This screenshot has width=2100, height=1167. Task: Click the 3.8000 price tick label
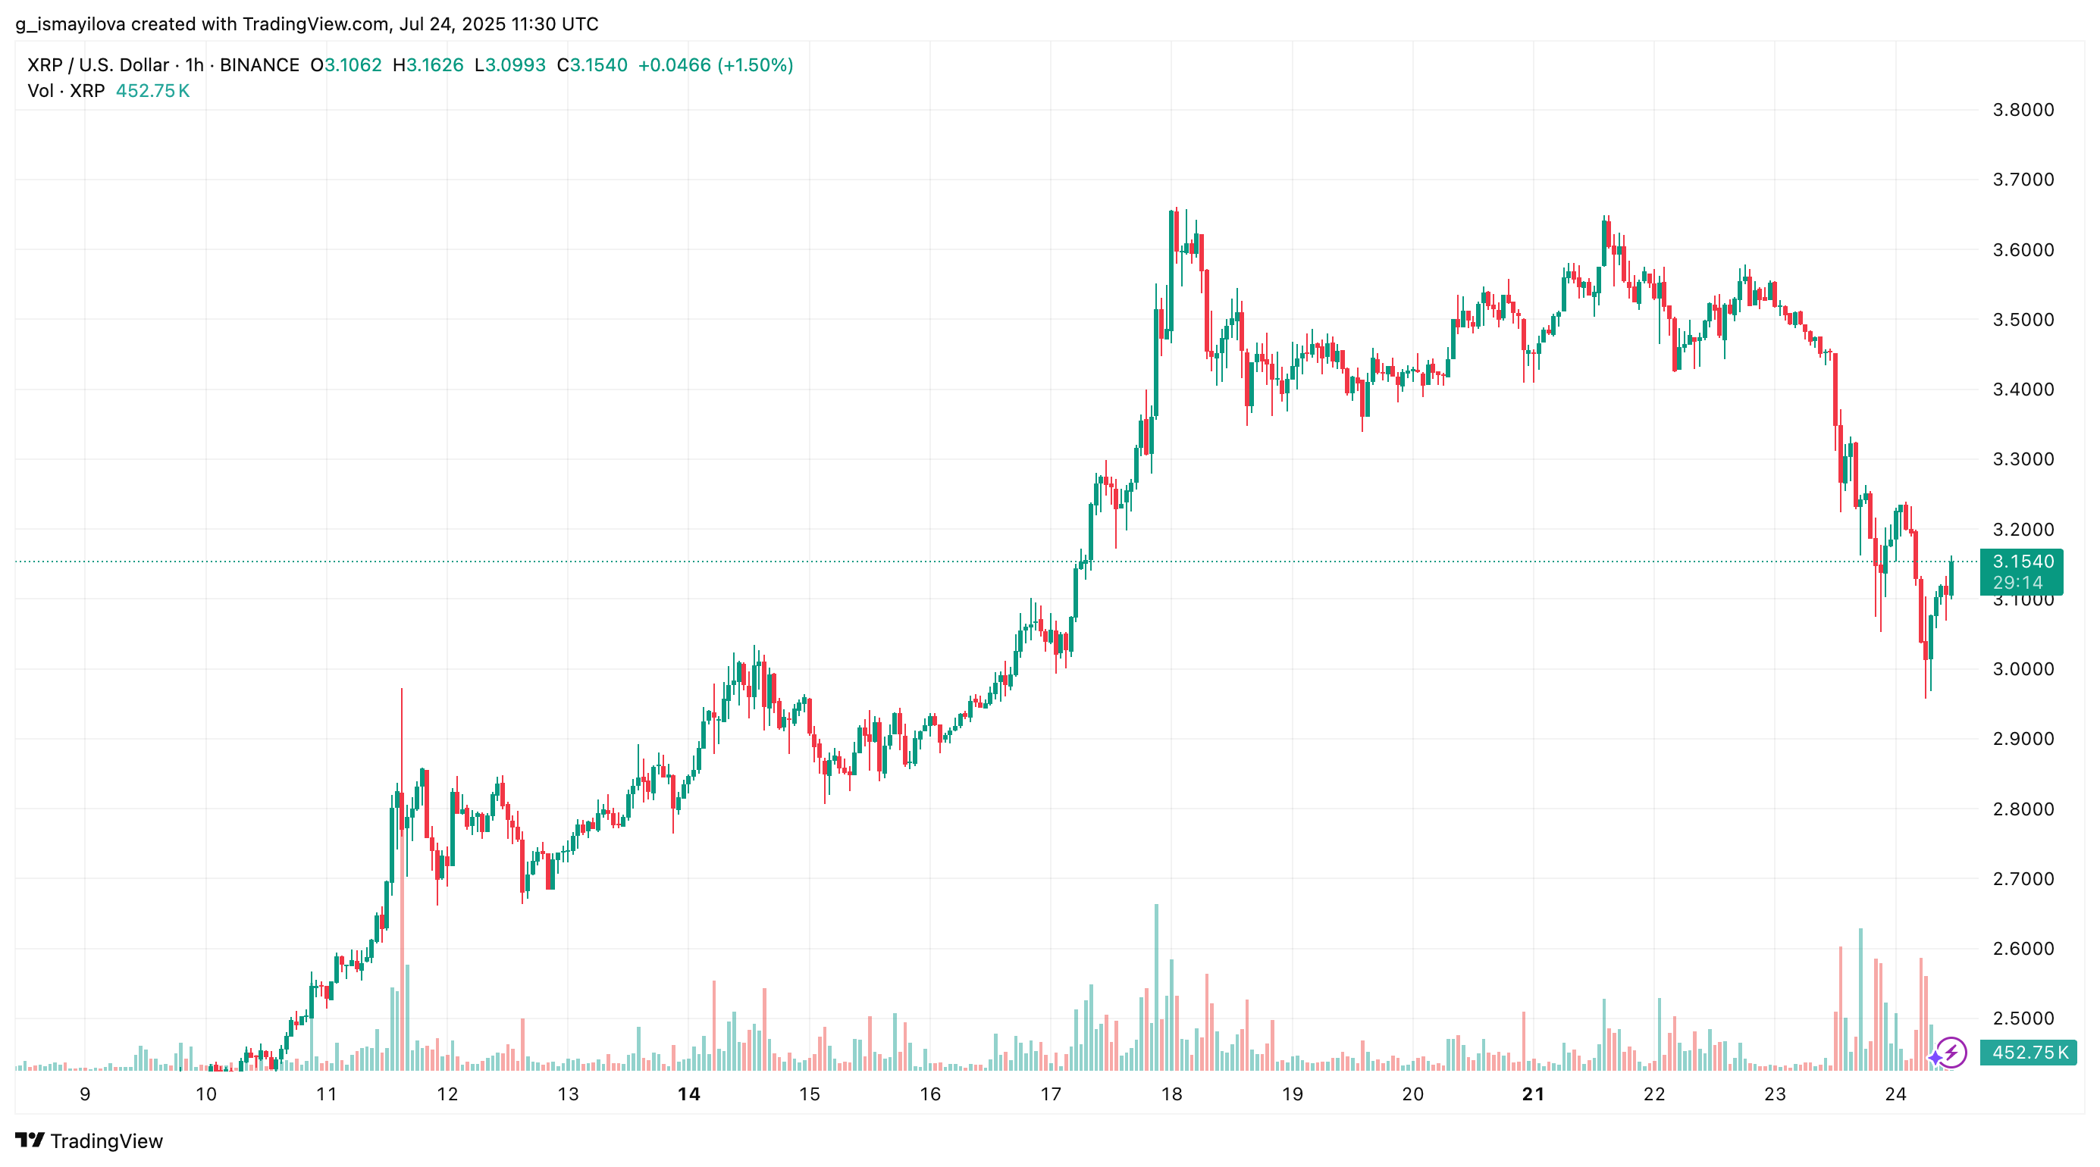click(2023, 110)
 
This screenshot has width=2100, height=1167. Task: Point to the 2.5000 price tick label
click(2023, 1018)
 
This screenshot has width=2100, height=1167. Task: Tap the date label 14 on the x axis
click(689, 1093)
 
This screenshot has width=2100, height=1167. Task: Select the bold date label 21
click(1533, 1093)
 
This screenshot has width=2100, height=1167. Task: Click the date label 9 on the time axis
click(85, 1093)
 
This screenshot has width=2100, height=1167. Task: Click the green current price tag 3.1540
click(2023, 562)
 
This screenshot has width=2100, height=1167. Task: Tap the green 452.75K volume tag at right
click(2028, 1052)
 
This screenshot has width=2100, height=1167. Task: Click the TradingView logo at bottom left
click(89, 1141)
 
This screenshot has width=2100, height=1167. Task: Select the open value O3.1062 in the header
click(346, 65)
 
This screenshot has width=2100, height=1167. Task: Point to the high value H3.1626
click(428, 65)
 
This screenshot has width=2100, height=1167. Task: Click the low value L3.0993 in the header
click(510, 65)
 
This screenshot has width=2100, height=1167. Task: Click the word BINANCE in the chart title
click(259, 65)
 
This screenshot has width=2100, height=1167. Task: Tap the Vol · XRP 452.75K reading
click(108, 90)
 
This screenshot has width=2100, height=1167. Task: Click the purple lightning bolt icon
click(1951, 1052)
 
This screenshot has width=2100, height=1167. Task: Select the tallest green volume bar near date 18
click(1156, 986)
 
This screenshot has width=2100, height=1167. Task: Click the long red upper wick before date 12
click(401, 734)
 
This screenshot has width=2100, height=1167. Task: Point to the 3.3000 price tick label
click(2023, 458)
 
